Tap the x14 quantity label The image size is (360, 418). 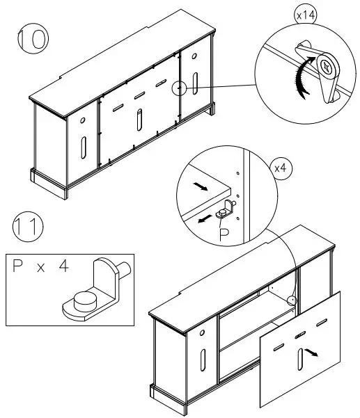tap(306, 15)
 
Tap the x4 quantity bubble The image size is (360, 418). tap(281, 168)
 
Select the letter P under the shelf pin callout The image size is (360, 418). tap(224, 235)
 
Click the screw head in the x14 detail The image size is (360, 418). tap(327, 66)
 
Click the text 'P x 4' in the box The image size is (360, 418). tap(40, 266)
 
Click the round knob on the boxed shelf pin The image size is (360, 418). tap(84, 301)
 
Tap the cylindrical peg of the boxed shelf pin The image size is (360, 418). tap(125, 268)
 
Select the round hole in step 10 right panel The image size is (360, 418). tap(194, 56)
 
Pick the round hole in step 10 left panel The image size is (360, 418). tap(82, 120)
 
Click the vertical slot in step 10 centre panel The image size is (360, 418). tap(139, 120)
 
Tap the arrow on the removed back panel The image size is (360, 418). tap(311, 352)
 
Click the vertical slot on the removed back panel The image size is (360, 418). tap(300, 359)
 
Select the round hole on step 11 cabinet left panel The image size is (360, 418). tap(202, 332)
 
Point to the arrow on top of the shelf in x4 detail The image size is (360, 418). tap(201, 186)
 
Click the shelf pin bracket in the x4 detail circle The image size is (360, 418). tap(226, 209)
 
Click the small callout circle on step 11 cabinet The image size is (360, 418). tap(292, 300)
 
